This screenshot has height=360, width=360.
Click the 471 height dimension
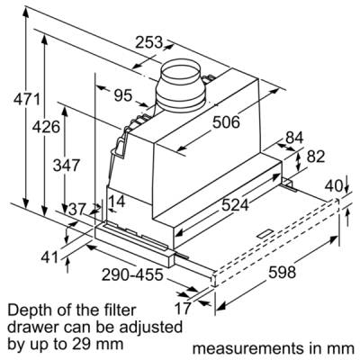[x=26, y=99]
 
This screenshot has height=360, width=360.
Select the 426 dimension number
[x=46, y=127]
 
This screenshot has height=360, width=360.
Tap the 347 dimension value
[x=67, y=165]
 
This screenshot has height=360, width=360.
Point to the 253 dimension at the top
[x=148, y=42]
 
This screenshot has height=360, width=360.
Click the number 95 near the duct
[x=123, y=96]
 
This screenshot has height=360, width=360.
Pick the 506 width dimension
[x=226, y=122]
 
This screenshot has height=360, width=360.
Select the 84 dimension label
[x=294, y=138]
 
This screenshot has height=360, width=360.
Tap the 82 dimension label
[x=316, y=157]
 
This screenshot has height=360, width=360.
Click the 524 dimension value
[x=235, y=205]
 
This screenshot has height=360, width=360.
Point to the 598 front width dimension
[x=282, y=273]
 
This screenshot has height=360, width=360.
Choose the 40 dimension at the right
[x=334, y=186]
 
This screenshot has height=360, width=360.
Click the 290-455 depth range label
[x=132, y=274]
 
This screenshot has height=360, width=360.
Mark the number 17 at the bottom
[x=183, y=308]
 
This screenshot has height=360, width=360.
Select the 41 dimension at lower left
[x=49, y=257]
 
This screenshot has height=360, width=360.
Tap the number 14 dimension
[x=116, y=202]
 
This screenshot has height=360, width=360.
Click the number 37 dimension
[x=77, y=209]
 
